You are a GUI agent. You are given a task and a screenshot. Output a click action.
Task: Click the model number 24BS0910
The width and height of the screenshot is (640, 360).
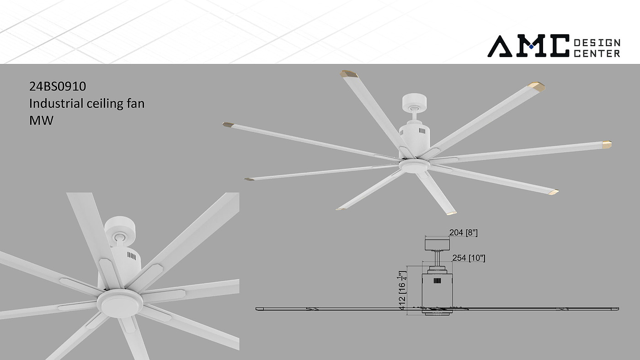pos(58,86)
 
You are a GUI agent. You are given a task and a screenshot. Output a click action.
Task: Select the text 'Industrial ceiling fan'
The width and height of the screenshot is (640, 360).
pos(87,103)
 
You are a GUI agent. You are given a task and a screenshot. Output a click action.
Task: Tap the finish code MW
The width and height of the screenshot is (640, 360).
pos(41,121)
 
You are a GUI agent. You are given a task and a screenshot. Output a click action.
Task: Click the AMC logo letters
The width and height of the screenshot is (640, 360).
pos(528,46)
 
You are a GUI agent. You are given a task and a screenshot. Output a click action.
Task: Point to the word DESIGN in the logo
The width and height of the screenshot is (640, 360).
pos(597,43)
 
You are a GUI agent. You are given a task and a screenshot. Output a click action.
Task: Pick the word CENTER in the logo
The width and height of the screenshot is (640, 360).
pos(597,53)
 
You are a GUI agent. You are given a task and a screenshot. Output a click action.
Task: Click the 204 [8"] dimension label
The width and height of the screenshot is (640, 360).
pos(464,233)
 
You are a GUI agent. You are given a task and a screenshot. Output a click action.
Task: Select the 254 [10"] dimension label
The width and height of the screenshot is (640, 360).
pos(469,258)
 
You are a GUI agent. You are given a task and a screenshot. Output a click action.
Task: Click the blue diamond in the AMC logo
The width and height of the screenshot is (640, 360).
pos(531,47)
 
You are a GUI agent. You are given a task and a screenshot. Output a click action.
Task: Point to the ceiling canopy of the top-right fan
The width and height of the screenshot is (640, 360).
pos(414,102)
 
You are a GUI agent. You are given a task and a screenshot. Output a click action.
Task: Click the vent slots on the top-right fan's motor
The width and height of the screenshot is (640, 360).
pos(422,131)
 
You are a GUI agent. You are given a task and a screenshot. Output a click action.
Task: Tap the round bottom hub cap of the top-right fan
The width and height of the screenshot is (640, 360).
pos(414,165)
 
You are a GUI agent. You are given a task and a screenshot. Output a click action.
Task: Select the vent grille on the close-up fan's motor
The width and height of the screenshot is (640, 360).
pos(132,255)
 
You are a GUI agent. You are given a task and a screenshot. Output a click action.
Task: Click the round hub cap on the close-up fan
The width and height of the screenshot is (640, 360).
pos(120,303)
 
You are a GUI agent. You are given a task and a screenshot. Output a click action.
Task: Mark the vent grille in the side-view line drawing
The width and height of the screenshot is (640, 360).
pos(437,281)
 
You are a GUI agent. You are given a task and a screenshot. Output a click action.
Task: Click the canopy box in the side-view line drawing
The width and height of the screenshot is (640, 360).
pos(437,244)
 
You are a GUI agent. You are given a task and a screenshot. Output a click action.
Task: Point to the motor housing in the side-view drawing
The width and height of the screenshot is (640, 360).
pos(437,293)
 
